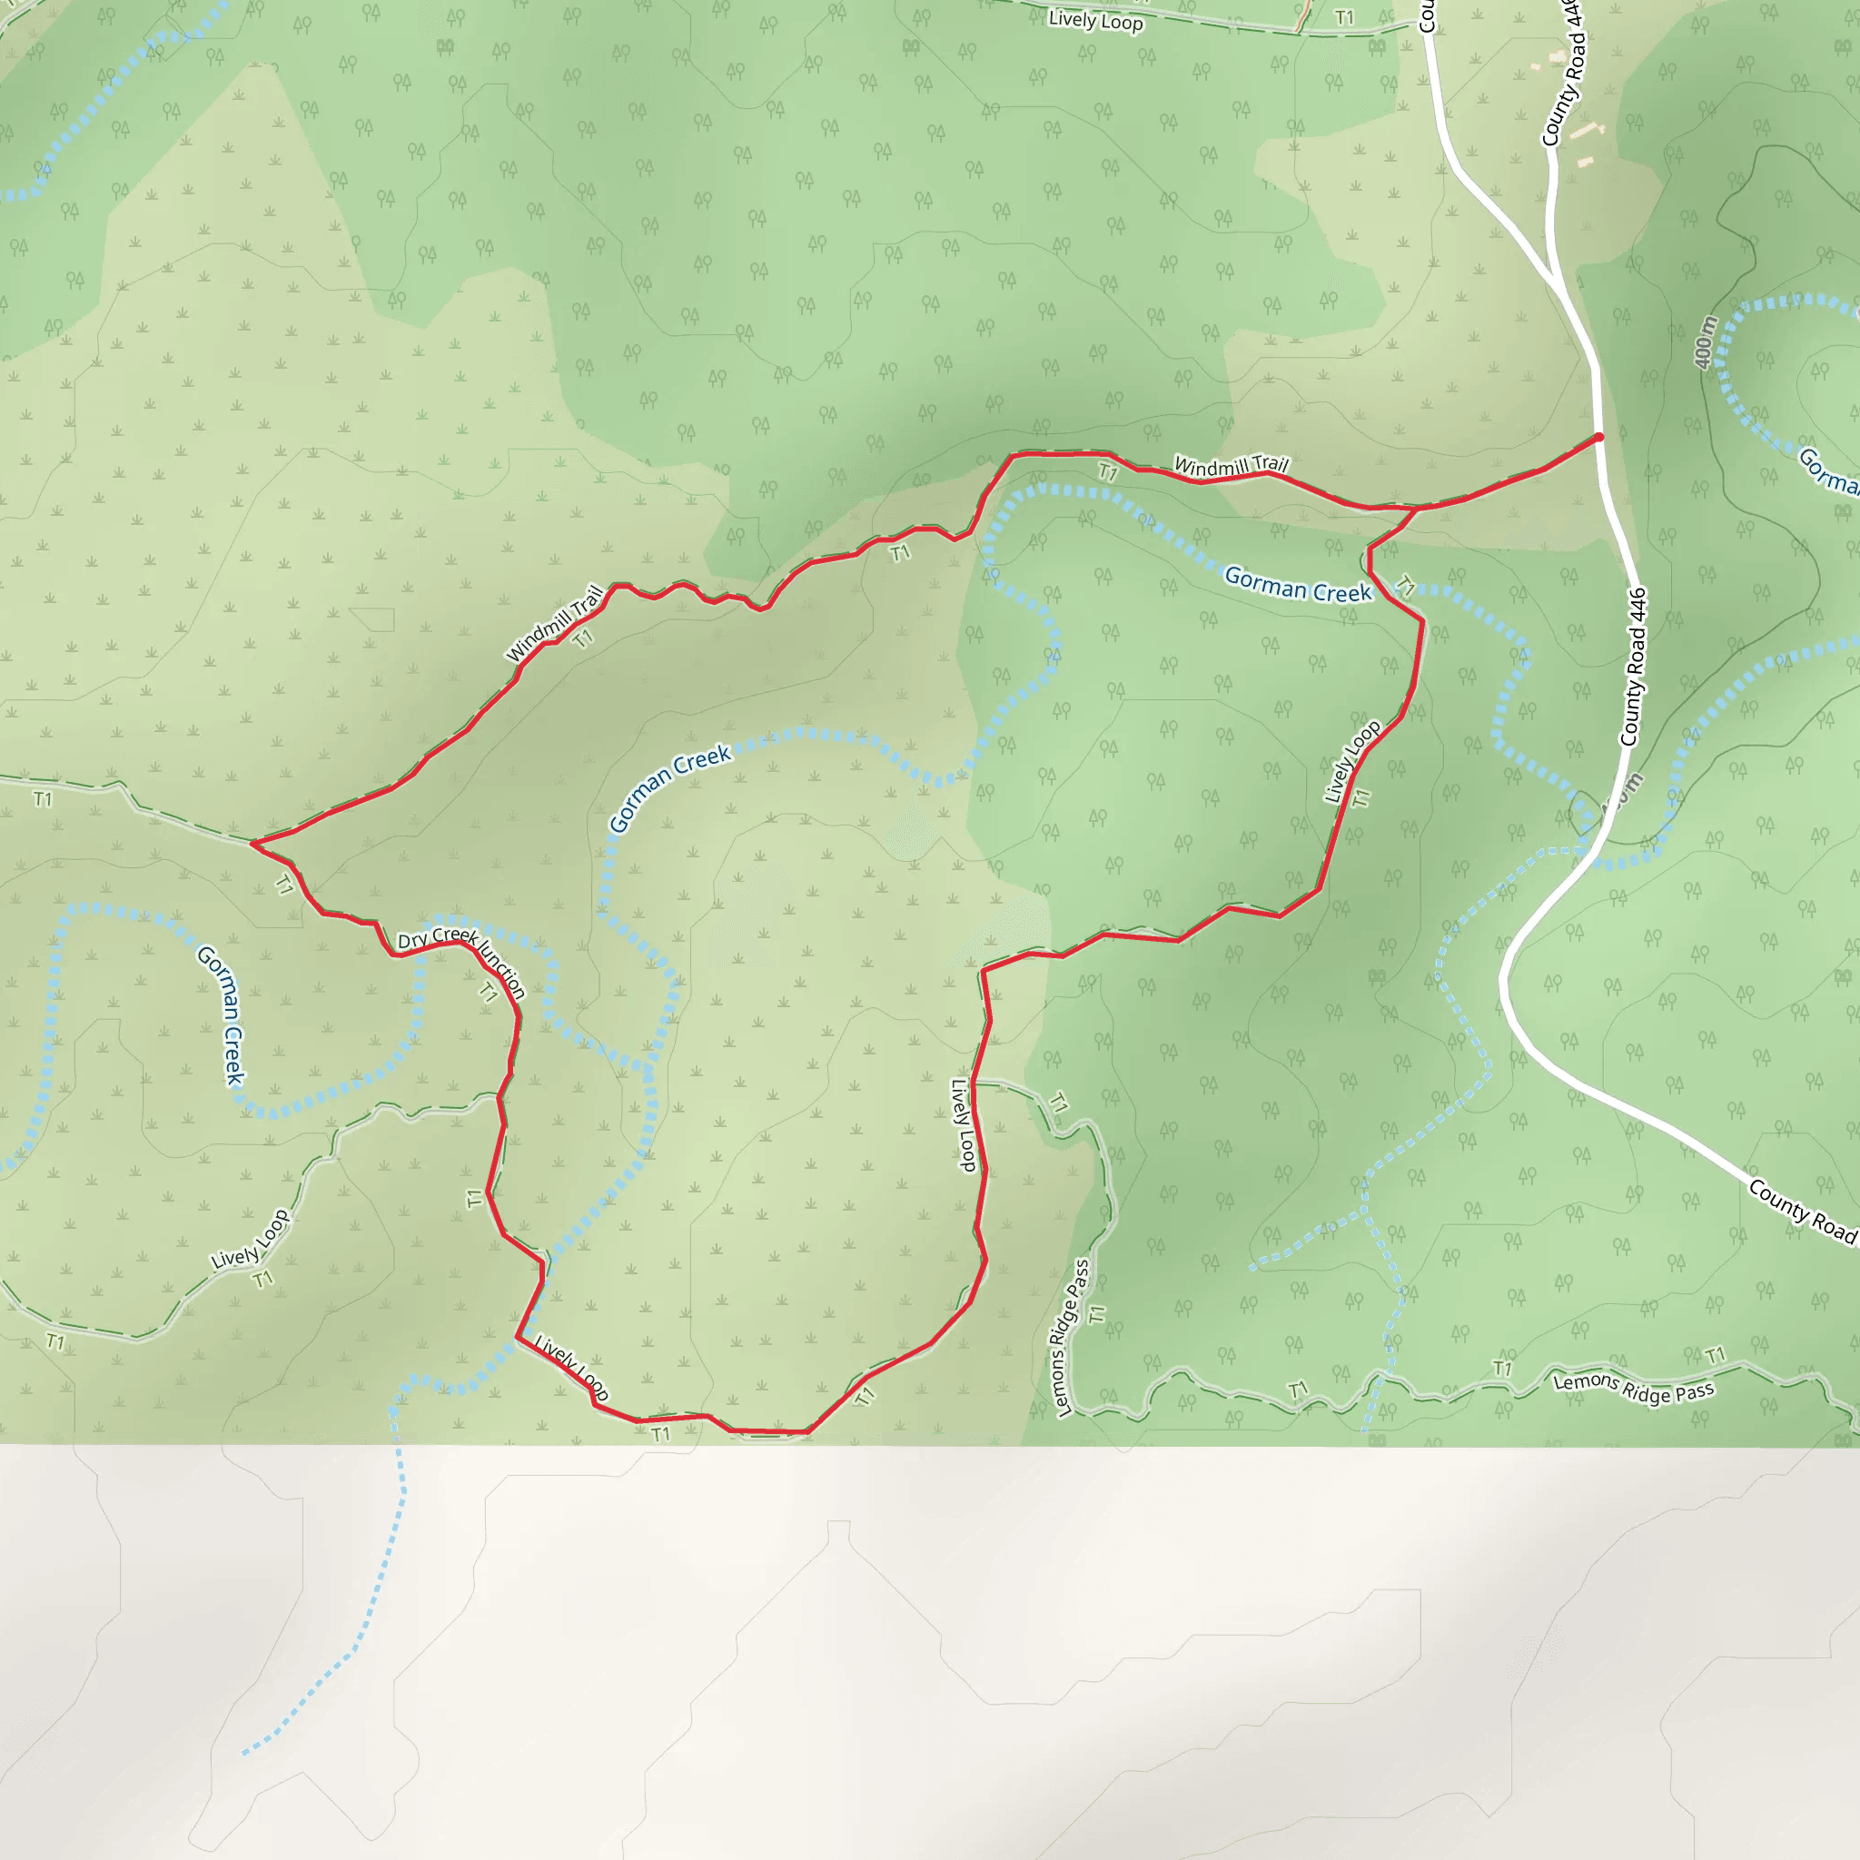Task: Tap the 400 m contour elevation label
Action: (x=1705, y=341)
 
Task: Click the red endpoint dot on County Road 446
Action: (x=1599, y=437)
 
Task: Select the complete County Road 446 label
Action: (x=1634, y=668)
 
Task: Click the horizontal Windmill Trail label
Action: (x=1231, y=466)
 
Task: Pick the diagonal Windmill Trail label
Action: (x=555, y=624)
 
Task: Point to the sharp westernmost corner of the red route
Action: (x=252, y=844)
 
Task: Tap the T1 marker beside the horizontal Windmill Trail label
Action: (x=1108, y=472)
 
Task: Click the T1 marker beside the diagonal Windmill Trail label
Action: (x=582, y=638)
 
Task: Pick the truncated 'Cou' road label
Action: (x=1426, y=16)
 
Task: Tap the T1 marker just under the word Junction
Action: (x=488, y=992)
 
